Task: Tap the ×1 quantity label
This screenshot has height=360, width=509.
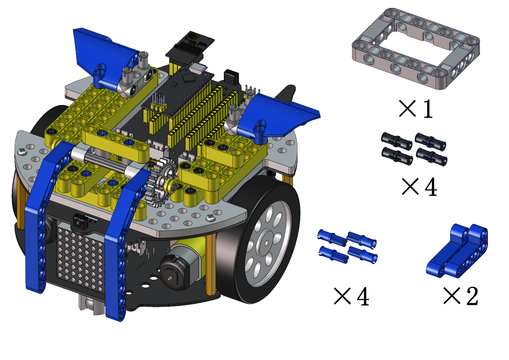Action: (416, 109)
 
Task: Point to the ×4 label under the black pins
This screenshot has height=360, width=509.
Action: (419, 187)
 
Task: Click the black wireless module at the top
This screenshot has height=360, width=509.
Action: (190, 47)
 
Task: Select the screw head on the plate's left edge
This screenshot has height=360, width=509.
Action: (22, 151)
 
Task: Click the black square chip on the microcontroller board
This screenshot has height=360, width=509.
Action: (189, 77)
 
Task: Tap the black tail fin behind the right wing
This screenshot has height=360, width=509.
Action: (286, 93)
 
